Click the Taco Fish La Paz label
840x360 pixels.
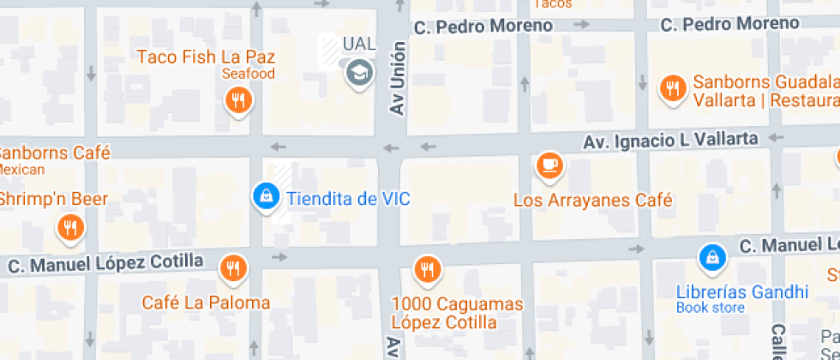[x=207, y=57]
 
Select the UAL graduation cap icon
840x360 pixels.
[x=360, y=72]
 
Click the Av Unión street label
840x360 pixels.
[x=397, y=79]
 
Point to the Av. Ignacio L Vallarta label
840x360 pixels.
[x=671, y=139]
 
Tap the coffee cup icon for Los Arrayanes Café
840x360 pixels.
[x=549, y=165]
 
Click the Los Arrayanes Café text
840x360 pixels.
[x=592, y=201]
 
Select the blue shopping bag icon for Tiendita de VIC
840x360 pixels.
[x=267, y=196]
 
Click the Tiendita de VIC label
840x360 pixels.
[x=348, y=199]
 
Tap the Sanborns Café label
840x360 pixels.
[x=53, y=153]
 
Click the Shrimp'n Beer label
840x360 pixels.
[x=53, y=199]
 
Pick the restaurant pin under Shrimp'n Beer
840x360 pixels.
[x=69, y=228]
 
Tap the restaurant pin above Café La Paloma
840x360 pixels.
[x=232, y=269]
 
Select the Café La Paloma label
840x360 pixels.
[x=206, y=303]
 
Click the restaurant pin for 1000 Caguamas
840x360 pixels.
[x=427, y=271]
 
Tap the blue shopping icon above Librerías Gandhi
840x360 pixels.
[x=711, y=255]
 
